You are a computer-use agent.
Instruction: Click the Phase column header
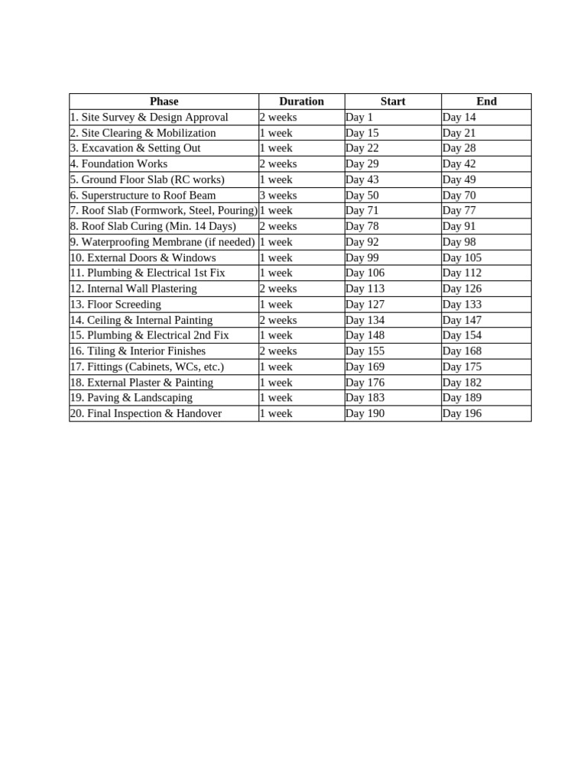[164, 102]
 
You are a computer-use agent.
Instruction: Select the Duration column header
[301, 102]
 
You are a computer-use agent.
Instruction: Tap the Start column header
[393, 102]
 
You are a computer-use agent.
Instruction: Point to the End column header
[486, 102]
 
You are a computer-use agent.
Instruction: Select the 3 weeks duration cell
[278, 195]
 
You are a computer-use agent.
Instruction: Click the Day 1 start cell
[359, 118]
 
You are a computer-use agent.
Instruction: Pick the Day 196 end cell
[462, 414]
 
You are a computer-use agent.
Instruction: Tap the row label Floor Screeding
[115, 305]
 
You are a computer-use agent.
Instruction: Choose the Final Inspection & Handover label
[146, 414]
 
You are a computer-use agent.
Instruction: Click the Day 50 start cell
[362, 195]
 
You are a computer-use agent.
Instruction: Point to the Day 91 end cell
[459, 227]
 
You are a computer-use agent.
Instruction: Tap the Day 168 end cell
[462, 351]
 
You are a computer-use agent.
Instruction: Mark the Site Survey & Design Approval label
[149, 118]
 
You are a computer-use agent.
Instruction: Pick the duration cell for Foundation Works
[278, 164]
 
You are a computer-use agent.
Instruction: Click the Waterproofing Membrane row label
[162, 242]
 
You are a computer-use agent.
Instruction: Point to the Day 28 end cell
[459, 148]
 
